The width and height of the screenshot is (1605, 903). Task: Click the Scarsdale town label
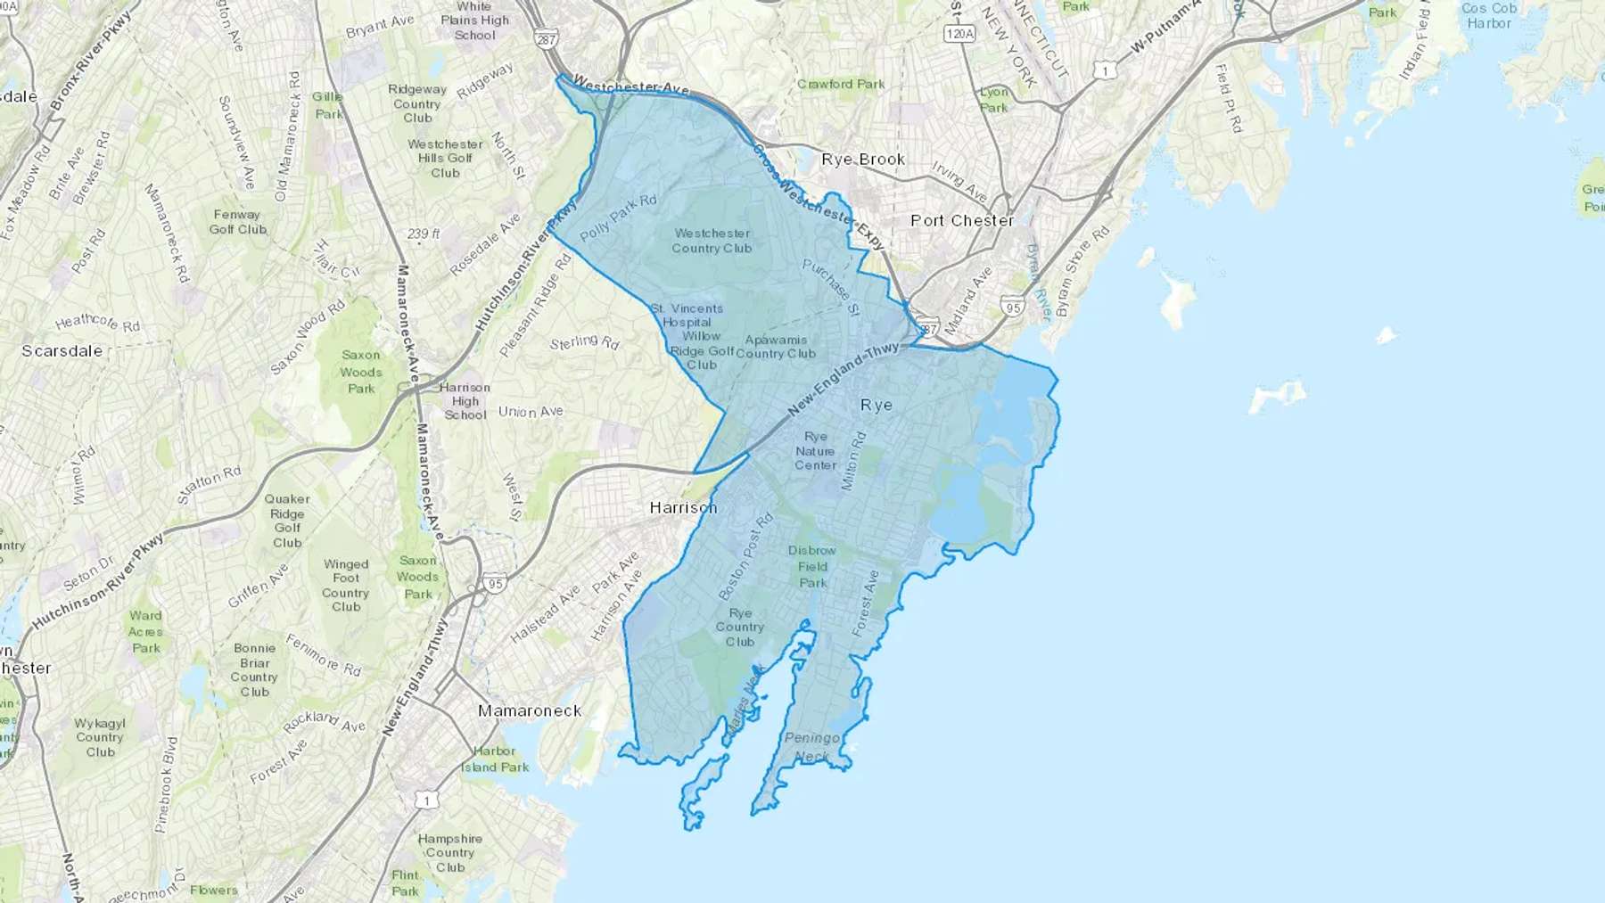click(62, 351)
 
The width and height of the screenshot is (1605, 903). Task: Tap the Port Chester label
click(962, 220)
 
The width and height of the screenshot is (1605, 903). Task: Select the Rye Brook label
click(863, 160)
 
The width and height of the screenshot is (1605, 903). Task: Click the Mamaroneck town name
click(530, 710)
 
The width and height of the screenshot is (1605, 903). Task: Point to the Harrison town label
click(683, 507)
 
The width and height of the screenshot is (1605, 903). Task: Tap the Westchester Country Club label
click(712, 241)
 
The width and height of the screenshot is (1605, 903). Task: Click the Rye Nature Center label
click(816, 451)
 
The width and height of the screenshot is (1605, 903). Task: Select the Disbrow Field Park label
click(812, 566)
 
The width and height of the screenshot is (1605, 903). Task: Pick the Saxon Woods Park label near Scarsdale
click(361, 372)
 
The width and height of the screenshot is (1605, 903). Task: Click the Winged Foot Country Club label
click(346, 585)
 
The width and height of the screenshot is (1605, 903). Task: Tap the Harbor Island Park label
click(495, 759)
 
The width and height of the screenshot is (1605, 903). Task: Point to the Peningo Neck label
click(811, 747)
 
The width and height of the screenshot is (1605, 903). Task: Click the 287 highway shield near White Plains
click(547, 40)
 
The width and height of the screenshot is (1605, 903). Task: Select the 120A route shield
click(959, 34)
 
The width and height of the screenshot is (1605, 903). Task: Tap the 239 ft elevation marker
click(424, 234)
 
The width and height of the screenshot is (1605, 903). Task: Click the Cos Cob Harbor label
click(1489, 15)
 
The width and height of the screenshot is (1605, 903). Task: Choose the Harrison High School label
click(465, 401)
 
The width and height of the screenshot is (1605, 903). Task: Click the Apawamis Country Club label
click(776, 346)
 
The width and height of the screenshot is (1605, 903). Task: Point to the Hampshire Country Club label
click(450, 852)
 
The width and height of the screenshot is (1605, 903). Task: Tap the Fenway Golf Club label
click(237, 221)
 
